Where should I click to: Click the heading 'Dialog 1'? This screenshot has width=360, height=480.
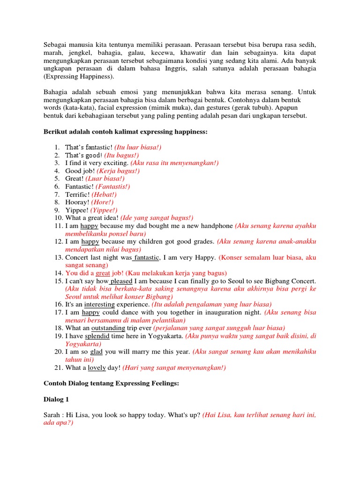pyautogui.click(x=57, y=400)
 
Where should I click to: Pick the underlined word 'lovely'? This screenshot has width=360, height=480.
pyautogui.click(x=97, y=367)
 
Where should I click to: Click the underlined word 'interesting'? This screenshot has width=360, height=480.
pyautogui.click(x=99, y=304)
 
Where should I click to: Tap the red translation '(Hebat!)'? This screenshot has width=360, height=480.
pyautogui.click(x=104, y=194)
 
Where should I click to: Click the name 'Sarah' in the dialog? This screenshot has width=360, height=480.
pyautogui.click(x=52, y=416)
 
